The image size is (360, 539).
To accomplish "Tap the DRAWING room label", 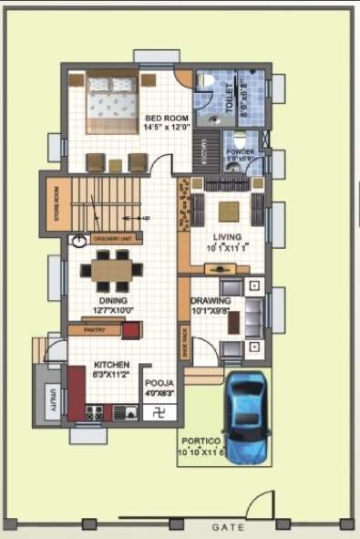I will [211, 301].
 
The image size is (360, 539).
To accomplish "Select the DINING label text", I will [114, 300].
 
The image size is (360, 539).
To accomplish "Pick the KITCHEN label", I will [111, 365].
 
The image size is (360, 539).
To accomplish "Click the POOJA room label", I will [160, 384].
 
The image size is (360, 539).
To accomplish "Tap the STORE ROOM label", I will [56, 205].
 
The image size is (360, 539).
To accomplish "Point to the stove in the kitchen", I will [95, 412].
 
